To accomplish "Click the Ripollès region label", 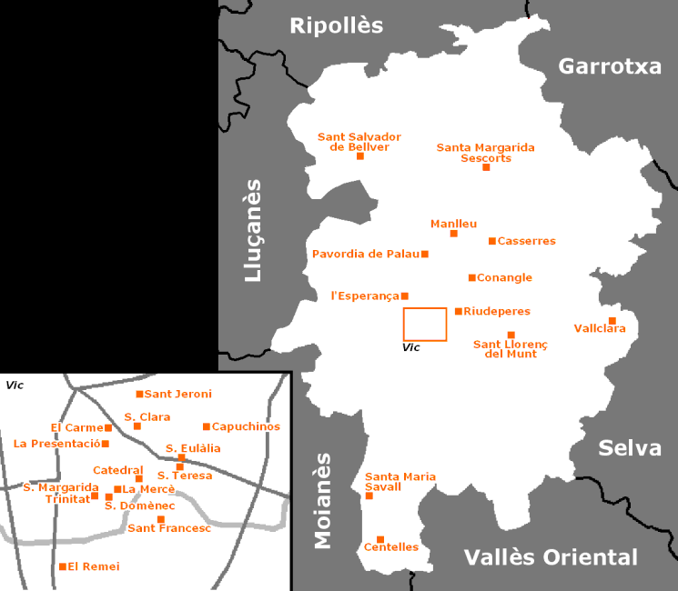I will [337, 25].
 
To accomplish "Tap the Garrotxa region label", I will [609, 66].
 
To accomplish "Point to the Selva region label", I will [630, 448].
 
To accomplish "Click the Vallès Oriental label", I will [551, 557].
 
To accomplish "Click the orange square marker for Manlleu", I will [454, 234].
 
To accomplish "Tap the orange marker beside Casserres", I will [492, 241].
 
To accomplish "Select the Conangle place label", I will [505, 277].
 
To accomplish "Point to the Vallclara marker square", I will [612, 320].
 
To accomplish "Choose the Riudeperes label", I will [497, 311].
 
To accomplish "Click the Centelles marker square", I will [380, 539].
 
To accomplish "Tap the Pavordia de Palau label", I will [365, 254].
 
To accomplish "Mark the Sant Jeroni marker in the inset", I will [139, 394].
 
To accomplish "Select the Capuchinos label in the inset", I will [246, 426].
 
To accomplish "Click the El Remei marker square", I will [63, 566].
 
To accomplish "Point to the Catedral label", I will [118, 470].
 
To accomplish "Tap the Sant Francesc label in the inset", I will [169, 528].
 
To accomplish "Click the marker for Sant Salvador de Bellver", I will [359, 155].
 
